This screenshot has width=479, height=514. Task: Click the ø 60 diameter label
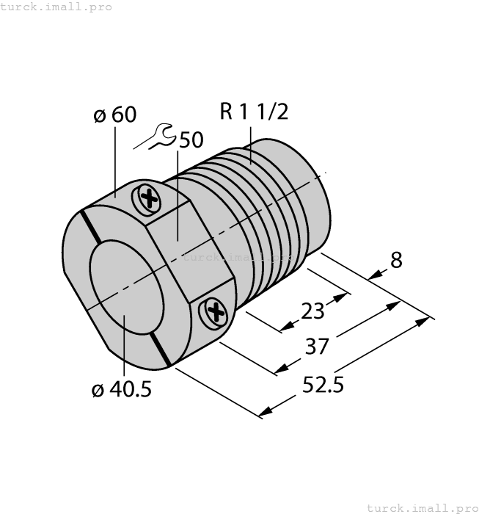point(116,115)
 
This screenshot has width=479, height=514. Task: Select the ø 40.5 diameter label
point(121,390)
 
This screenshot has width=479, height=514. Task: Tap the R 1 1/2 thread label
point(254,112)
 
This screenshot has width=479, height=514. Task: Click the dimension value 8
point(396,261)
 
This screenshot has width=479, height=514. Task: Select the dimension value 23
point(313,311)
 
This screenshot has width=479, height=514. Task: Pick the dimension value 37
point(317,346)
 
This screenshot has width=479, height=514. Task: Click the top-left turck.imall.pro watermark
point(56,7)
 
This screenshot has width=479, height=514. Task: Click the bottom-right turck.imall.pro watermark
point(422,507)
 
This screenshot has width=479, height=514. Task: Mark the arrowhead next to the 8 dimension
point(373,276)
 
